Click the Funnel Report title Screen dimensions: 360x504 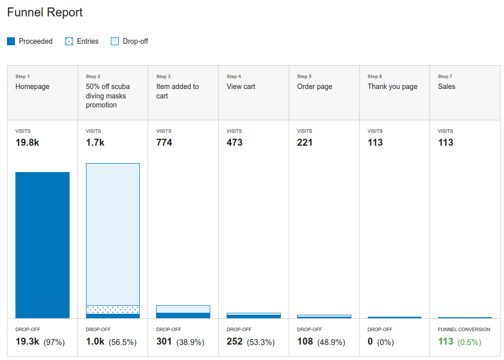point(45,13)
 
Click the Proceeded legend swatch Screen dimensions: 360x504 point(11,41)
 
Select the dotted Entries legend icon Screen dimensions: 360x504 point(69,41)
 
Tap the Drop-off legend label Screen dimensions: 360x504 point(135,41)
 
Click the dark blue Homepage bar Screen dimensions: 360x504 point(42,245)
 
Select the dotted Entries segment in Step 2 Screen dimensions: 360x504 point(113,309)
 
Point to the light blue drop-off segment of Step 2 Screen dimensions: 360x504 point(113,234)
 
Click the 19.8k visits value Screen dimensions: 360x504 point(28,142)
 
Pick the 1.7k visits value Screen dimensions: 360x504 point(95,142)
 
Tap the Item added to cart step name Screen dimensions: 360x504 point(177,91)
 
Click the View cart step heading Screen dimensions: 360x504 point(241,87)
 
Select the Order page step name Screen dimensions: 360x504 point(315,87)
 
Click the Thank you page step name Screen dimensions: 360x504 point(393,87)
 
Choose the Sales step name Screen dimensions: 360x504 point(446,87)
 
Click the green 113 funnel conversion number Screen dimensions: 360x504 point(445,341)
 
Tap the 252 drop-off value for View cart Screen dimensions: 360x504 point(235,341)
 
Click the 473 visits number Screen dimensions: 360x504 point(235,142)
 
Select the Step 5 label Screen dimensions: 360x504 point(305,77)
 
